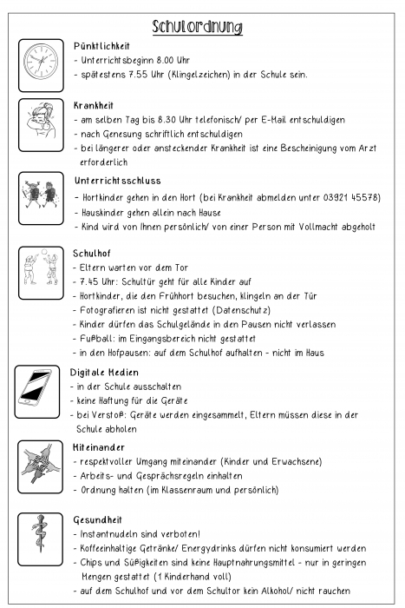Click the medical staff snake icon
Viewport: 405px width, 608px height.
coord(41,540)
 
